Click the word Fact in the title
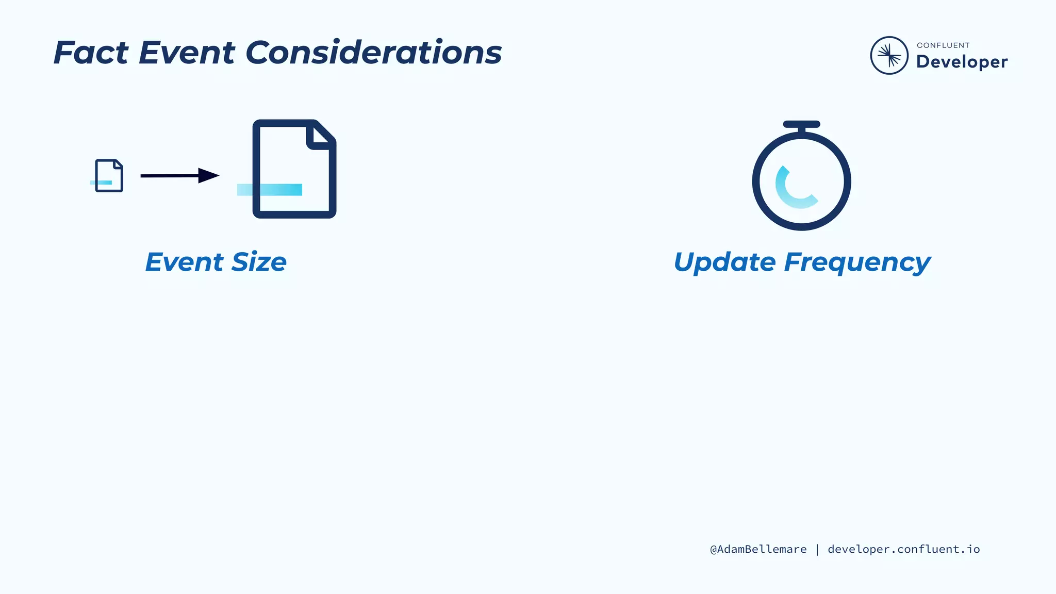click(91, 53)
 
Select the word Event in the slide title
click(187, 53)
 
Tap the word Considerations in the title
click(373, 53)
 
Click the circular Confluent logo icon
click(889, 55)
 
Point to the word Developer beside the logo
click(962, 62)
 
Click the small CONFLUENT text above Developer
click(943, 45)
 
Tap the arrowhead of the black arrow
click(208, 176)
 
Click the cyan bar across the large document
click(269, 190)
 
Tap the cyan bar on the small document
click(101, 183)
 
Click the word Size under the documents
click(259, 262)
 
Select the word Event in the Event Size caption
click(185, 262)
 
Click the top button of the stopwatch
click(801, 124)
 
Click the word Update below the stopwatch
click(724, 262)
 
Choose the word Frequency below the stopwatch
click(857, 262)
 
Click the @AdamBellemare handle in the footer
click(758, 549)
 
